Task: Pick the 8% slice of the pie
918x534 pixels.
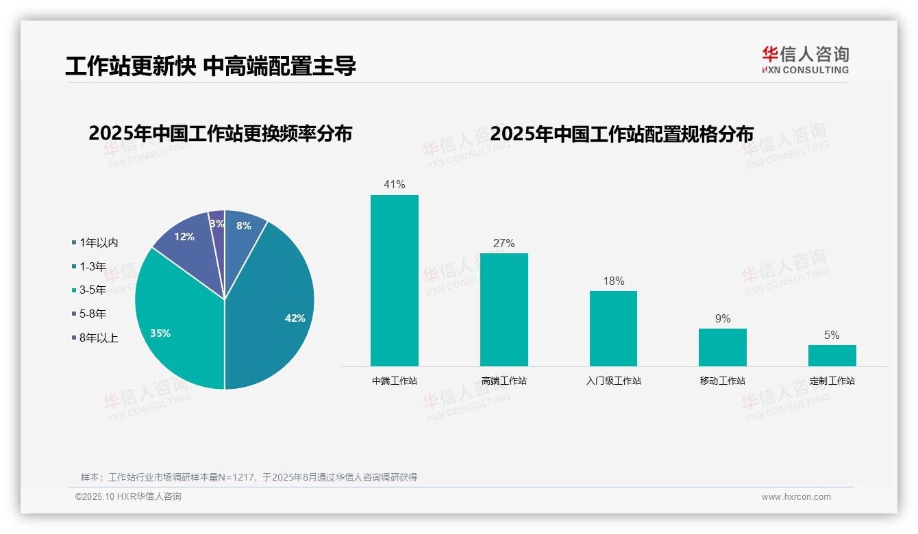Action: pos(243,230)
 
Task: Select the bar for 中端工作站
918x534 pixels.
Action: pos(394,281)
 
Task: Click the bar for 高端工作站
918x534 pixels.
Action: pos(504,309)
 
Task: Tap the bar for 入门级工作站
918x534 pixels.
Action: pos(613,329)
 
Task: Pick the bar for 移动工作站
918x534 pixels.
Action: pos(722,347)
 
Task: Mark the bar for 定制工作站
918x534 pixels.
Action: pos(832,355)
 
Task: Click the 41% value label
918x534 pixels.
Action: pos(395,185)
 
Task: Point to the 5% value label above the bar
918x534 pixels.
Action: pos(832,335)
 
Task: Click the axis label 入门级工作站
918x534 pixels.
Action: pos(613,381)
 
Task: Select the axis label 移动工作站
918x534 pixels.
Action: pos(722,381)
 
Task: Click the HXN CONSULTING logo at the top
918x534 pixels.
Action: pos(805,60)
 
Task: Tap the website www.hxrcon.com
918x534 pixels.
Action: pos(796,497)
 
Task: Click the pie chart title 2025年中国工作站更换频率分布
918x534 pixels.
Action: pos(220,133)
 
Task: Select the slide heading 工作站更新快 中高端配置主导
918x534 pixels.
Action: pos(210,66)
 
